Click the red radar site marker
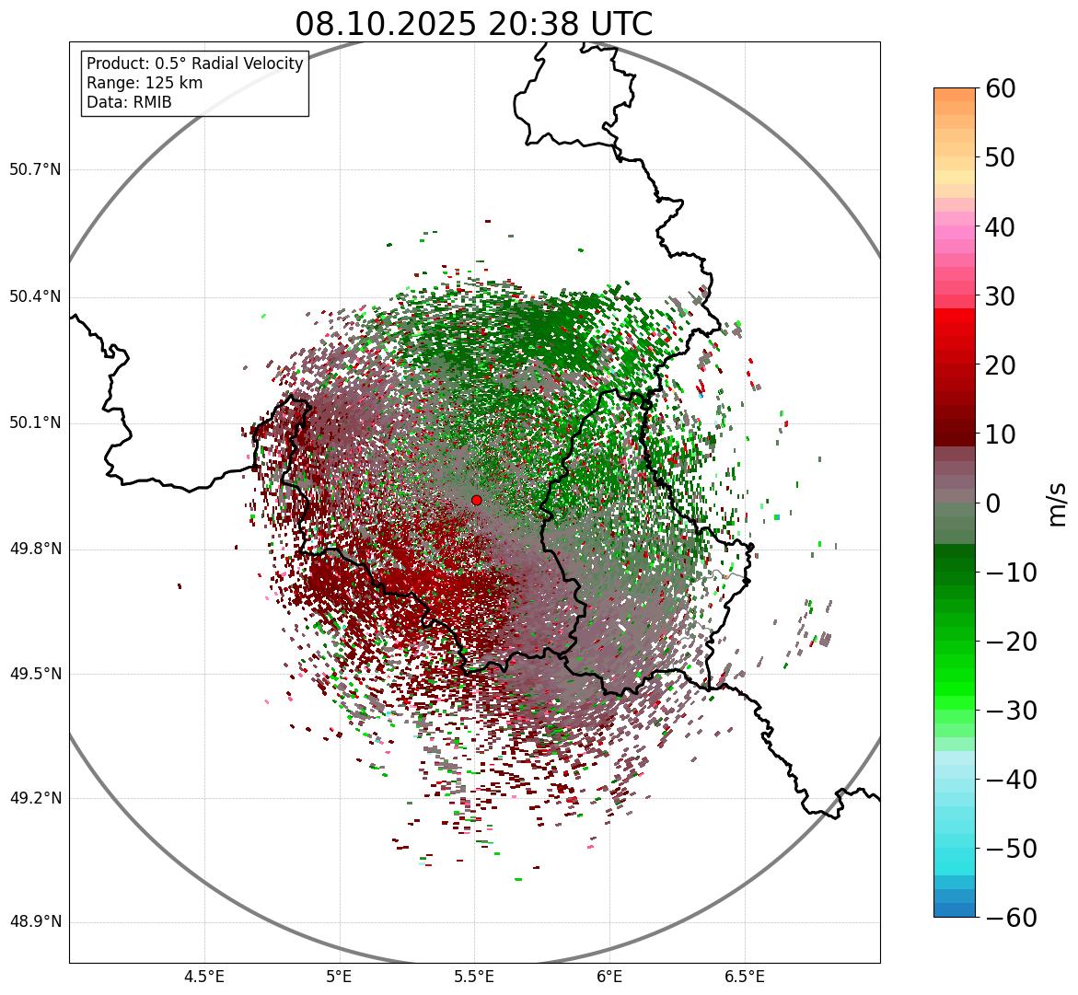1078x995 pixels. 476,500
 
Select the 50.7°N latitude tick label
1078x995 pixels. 35,169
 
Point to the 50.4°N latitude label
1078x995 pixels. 35,296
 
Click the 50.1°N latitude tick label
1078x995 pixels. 35,422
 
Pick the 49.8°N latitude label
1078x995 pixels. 35,549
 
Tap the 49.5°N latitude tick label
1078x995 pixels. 35,674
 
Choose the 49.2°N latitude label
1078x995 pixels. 35,798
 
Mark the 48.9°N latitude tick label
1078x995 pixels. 35,922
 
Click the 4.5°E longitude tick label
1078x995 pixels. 204,977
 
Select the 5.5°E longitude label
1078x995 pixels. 474,977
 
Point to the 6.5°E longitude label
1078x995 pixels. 744,977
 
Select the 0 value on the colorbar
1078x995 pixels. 993,503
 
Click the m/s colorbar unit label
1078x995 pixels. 1059,503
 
